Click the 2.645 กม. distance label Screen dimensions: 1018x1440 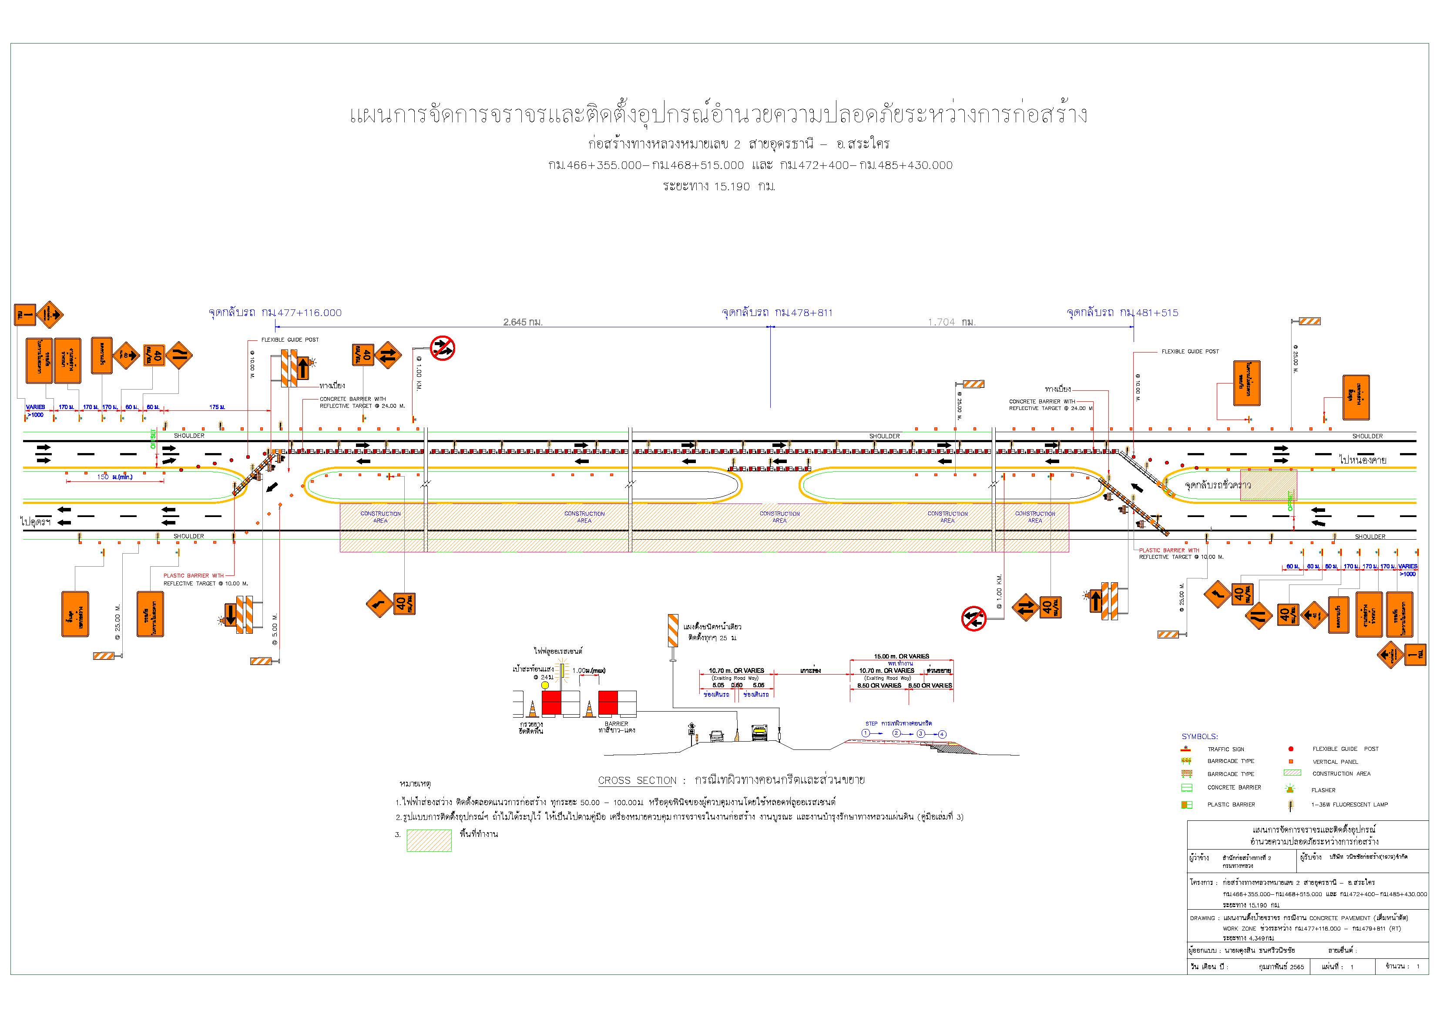(x=523, y=323)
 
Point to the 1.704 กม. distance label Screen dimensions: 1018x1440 (x=951, y=323)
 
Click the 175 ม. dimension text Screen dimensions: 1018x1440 (x=217, y=407)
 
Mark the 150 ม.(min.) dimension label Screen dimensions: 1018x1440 (x=115, y=477)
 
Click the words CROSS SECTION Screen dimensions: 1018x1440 (x=637, y=780)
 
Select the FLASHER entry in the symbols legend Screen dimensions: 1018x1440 (x=1323, y=790)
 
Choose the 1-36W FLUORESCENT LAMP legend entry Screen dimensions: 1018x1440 (x=1349, y=804)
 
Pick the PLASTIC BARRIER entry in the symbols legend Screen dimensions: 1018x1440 (x=1231, y=804)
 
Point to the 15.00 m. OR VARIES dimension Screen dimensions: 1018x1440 (x=901, y=656)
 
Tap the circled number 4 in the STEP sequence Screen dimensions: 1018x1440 (x=942, y=734)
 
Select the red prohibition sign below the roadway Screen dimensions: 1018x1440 (x=973, y=618)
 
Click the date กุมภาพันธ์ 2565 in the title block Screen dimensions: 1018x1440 (x=1281, y=967)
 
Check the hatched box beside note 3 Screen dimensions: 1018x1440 (x=429, y=840)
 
